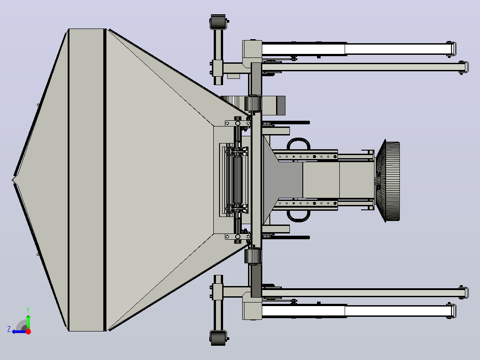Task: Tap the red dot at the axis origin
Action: (x=28, y=331)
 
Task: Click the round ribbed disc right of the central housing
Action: (x=387, y=181)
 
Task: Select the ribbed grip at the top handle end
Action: (x=218, y=22)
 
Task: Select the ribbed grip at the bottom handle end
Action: (x=218, y=338)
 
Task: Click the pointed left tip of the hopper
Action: (x=13, y=180)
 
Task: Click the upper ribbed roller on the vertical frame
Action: (x=253, y=103)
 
